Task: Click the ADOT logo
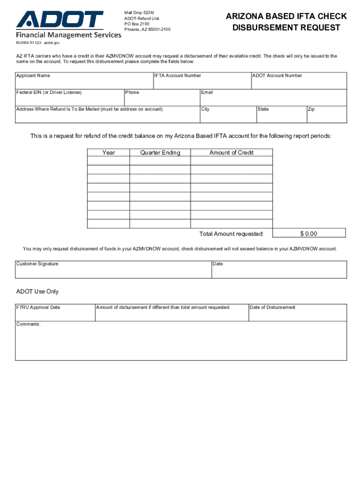[x=60, y=20]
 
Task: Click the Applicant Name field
[x=84, y=82]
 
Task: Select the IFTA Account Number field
[x=202, y=82]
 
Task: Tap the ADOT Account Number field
[x=299, y=82]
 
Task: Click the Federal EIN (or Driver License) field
[x=69, y=99]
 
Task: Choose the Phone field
[x=162, y=99]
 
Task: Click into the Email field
[x=273, y=99]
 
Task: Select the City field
[x=228, y=116]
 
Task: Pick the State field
[x=281, y=116]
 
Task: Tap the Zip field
[x=326, y=116]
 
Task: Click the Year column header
[x=108, y=152]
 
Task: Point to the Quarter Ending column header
[x=160, y=152]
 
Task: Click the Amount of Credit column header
[x=231, y=152]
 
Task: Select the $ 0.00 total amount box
[x=309, y=233]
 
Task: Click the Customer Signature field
[x=113, y=270]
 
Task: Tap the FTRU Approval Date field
[x=55, y=313]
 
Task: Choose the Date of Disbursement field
[x=297, y=313]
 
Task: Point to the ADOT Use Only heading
[x=37, y=291]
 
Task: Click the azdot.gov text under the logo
[x=52, y=42]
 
